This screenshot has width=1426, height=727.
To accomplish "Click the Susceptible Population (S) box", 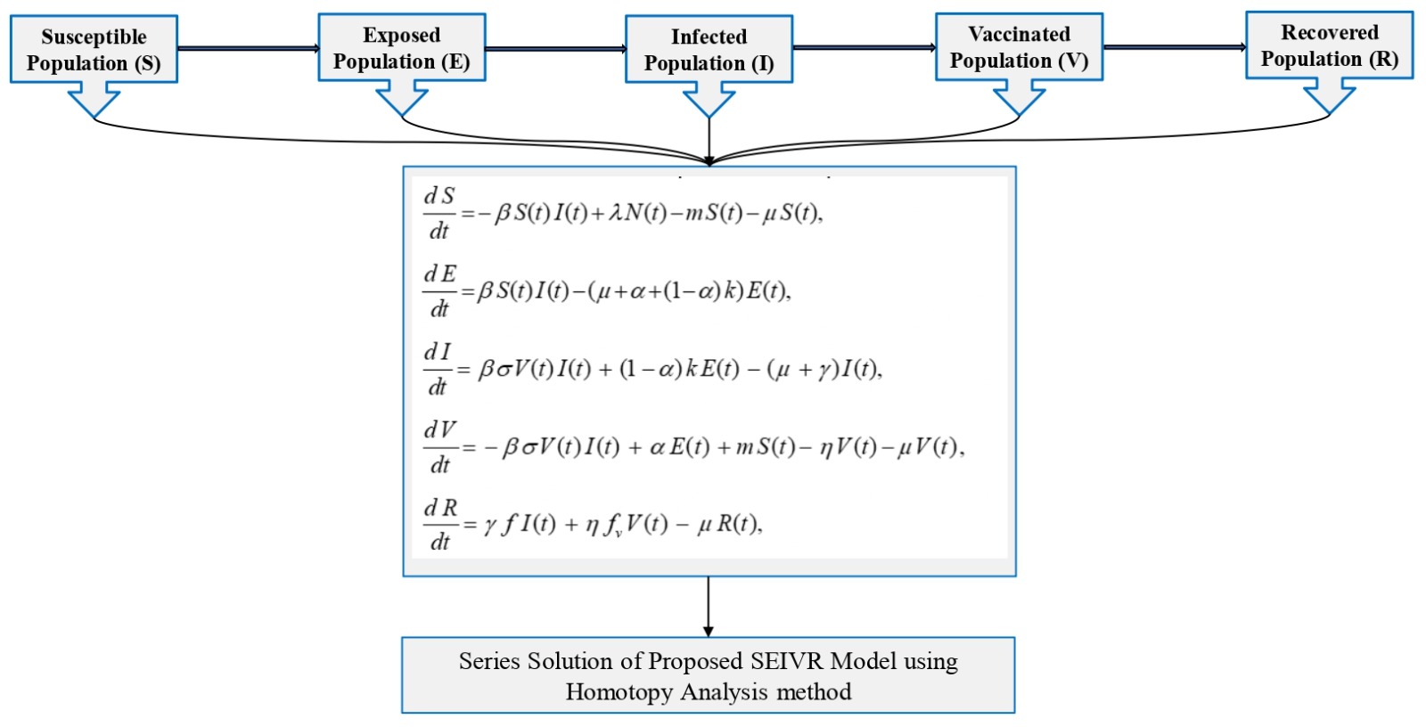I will tap(94, 50).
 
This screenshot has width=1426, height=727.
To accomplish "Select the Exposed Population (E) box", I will tap(402, 48).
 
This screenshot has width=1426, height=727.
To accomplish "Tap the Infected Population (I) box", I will tap(709, 50).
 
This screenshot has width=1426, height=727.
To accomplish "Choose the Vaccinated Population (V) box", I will tap(1019, 47).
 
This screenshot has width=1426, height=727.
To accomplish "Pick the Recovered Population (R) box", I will tap(1329, 45).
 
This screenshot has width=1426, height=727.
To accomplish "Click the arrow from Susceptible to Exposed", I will tap(248, 48).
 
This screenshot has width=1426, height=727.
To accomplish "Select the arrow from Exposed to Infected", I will tap(555, 48).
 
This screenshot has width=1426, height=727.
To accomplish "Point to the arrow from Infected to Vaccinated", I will tap(864, 47).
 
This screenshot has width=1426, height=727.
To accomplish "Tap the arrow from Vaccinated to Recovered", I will tap(1174, 46).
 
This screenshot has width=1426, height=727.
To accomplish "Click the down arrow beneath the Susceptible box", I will tap(94, 100).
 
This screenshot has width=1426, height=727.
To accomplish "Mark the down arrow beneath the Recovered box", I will tap(1329, 96).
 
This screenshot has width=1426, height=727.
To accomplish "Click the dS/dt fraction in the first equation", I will tap(438, 213).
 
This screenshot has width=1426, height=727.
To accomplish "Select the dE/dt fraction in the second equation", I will tap(439, 290).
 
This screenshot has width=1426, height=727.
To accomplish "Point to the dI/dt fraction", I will tap(438, 369).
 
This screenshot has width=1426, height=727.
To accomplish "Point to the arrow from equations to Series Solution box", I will tap(709, 606).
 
